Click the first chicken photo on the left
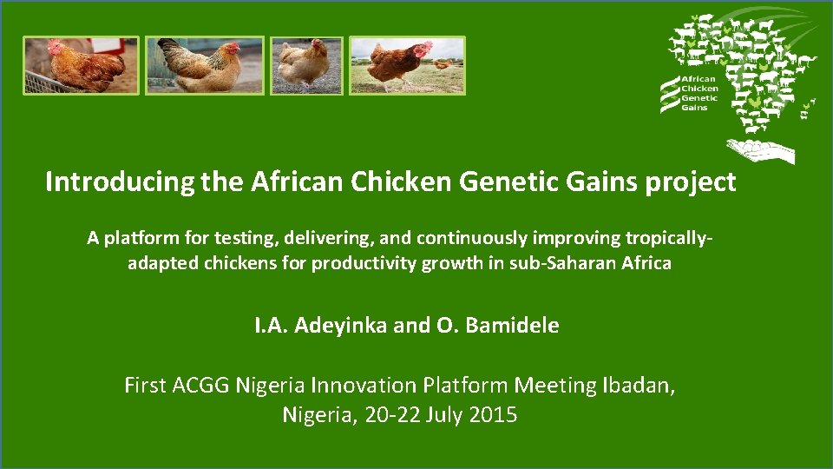[x=81, y=65]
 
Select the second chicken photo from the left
[x=204, y=65]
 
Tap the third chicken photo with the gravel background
[x=306, y=65]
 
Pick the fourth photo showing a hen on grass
[x=407, y=65]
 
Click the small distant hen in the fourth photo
[x=443, y=63]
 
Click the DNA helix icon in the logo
[x=669, y=93]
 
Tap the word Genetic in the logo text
[x=699, y=98]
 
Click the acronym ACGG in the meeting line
[x=201, y=385]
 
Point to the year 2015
[x=492, y=415]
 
